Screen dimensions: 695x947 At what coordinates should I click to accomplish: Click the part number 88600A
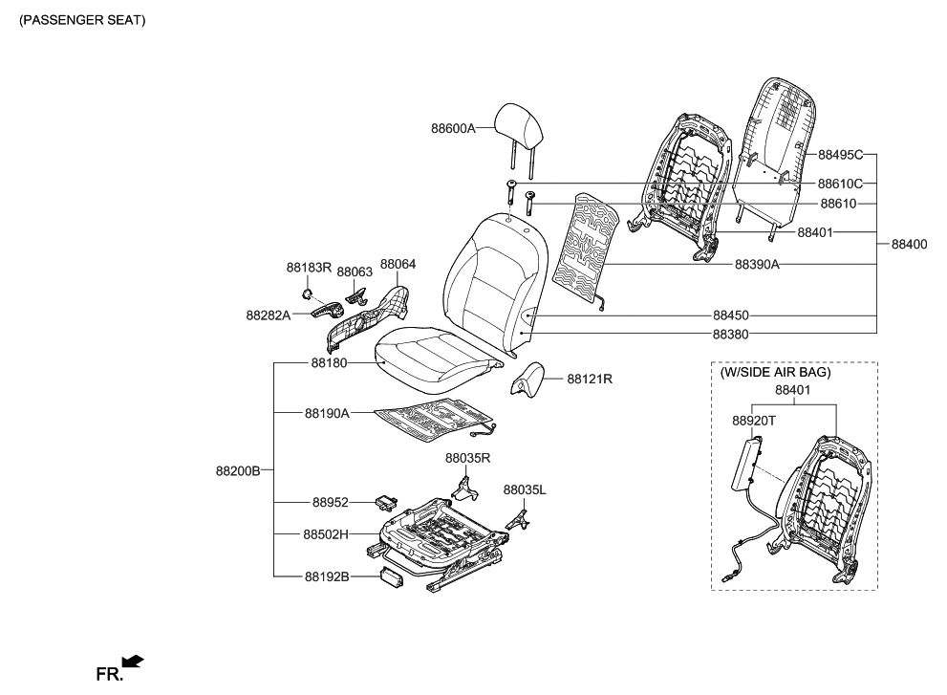453,128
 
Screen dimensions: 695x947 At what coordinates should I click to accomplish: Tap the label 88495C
840,154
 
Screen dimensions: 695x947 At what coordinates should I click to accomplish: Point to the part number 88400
909,245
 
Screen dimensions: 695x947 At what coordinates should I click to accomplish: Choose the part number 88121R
589,380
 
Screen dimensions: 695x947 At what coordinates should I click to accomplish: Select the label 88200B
238,470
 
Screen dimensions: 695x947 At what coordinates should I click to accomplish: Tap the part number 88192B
327,576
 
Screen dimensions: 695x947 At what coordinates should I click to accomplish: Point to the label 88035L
524,489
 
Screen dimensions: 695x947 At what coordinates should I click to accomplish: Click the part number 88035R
466,458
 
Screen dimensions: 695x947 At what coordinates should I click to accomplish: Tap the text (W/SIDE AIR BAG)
776,372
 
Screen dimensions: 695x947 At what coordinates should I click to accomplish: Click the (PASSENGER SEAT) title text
82,20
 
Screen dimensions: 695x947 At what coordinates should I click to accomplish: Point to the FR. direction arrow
133,661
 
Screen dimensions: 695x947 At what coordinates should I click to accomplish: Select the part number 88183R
309,268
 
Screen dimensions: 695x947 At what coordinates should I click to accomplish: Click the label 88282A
268,314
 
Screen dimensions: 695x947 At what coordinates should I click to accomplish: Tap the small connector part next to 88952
388,500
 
